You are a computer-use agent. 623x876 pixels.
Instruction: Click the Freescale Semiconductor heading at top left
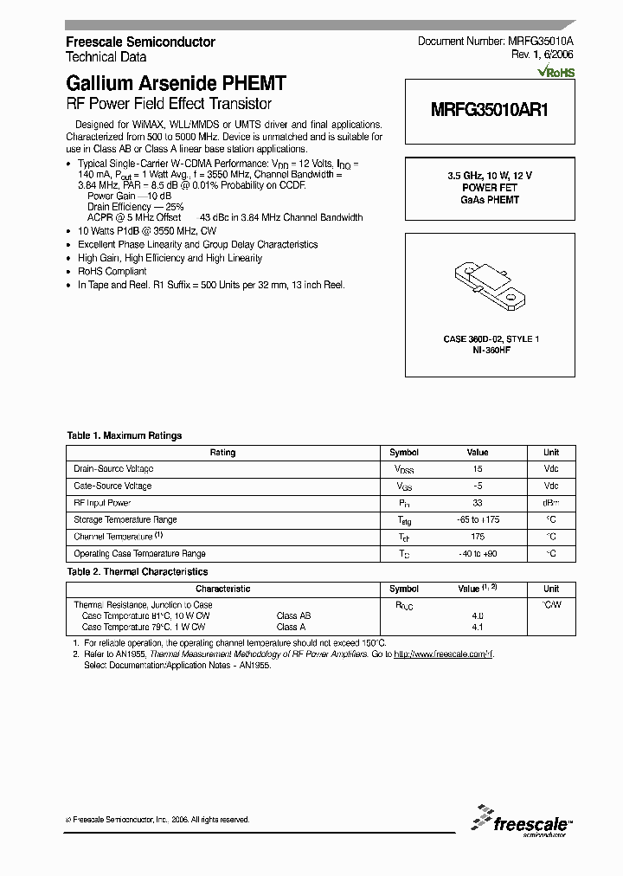click(140, 42)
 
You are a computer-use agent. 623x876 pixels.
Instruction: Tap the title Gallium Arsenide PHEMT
click(176, 84)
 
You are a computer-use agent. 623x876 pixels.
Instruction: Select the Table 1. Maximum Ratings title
click(125, 435)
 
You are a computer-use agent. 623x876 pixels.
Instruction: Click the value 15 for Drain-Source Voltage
click(478, 468)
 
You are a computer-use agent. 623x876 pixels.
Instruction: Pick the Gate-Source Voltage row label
click(112, 486)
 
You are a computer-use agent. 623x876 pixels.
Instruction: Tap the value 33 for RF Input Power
click(478, 502)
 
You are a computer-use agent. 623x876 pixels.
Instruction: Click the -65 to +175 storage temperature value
click(478, 519)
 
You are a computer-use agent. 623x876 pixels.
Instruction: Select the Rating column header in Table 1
click(222, 452)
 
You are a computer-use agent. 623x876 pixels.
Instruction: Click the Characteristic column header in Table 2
click(222, 588)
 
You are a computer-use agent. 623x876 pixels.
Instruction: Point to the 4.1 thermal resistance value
click(478, 627)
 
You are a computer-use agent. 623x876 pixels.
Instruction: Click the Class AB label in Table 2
click(293, 615)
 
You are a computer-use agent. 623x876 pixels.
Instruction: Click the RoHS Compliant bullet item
click(112, 271)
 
